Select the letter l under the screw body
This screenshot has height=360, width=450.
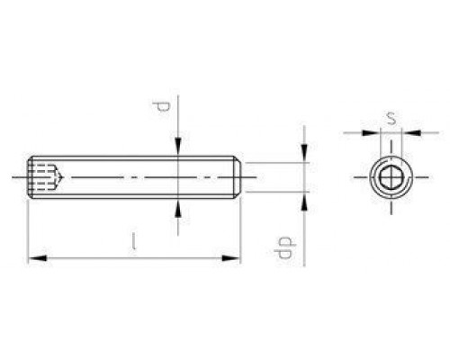133,240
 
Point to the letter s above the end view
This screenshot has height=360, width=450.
391,116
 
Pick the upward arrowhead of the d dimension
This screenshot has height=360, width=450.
179,207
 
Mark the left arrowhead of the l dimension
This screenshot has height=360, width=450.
35,258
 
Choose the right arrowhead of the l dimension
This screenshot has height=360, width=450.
236,258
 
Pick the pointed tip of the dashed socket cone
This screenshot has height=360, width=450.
61,176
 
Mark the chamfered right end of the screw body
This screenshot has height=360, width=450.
238,176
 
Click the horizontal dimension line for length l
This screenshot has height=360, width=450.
135,258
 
